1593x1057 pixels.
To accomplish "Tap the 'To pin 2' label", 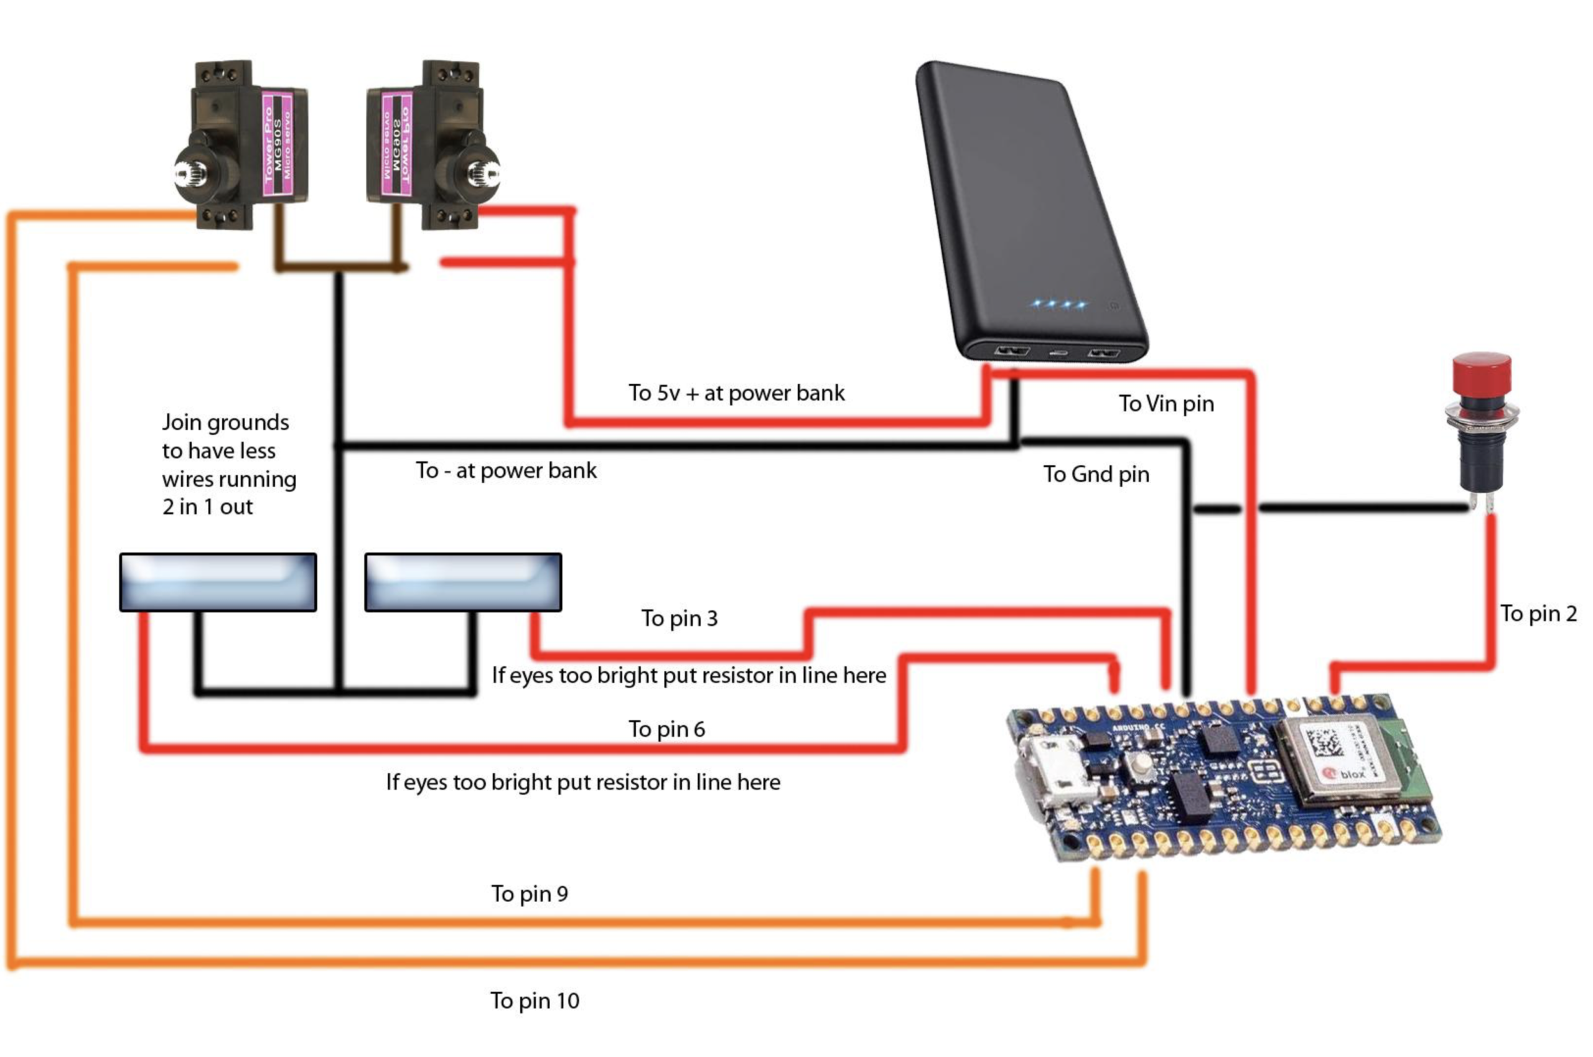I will coord(1538,613).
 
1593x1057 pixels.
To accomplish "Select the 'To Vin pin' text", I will coord(1166,404).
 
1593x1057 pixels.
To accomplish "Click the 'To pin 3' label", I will coord(679,618).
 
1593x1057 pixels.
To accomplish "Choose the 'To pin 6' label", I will coord(666,729).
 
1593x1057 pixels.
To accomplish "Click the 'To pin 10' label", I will coord(534,1001).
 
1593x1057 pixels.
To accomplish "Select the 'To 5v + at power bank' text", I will coord(736,393).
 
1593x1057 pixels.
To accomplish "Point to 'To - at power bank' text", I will coord(506,470).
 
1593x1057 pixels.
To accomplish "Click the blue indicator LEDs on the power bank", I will coord(1057,304).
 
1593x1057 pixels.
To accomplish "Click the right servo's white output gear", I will coord(483,175).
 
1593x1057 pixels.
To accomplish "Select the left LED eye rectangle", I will coord(218,582).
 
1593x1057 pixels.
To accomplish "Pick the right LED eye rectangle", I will coord(462,582).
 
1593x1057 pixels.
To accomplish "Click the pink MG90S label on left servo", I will coord(277,143).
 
